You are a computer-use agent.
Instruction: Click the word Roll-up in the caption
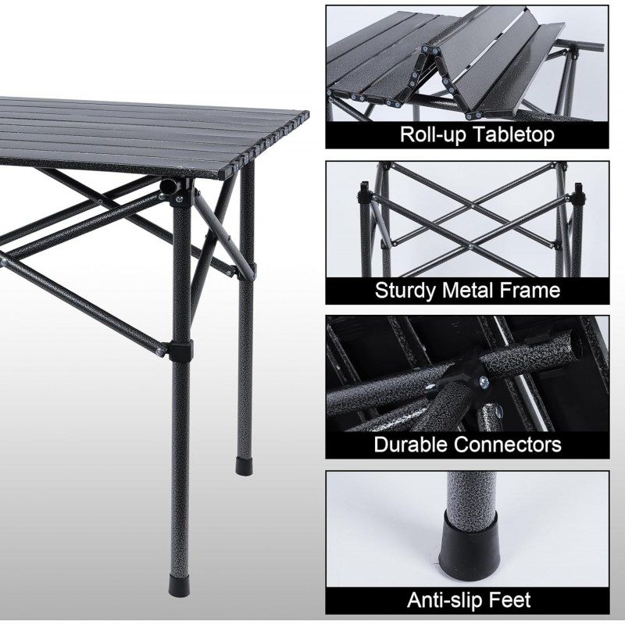tap(433, 134)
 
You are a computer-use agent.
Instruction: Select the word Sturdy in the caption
tap(405, 291)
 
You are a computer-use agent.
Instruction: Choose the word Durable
tap(409, 444)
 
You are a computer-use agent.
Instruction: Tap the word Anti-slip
tap(445, 599)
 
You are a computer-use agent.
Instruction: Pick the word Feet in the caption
tap(511, 599)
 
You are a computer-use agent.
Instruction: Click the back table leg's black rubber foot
tap(244, 466)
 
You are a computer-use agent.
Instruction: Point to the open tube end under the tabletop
tap(167, 186)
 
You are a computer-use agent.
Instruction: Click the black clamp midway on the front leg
tap(180, 349)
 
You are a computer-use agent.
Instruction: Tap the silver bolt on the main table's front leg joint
tap(180, 198)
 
